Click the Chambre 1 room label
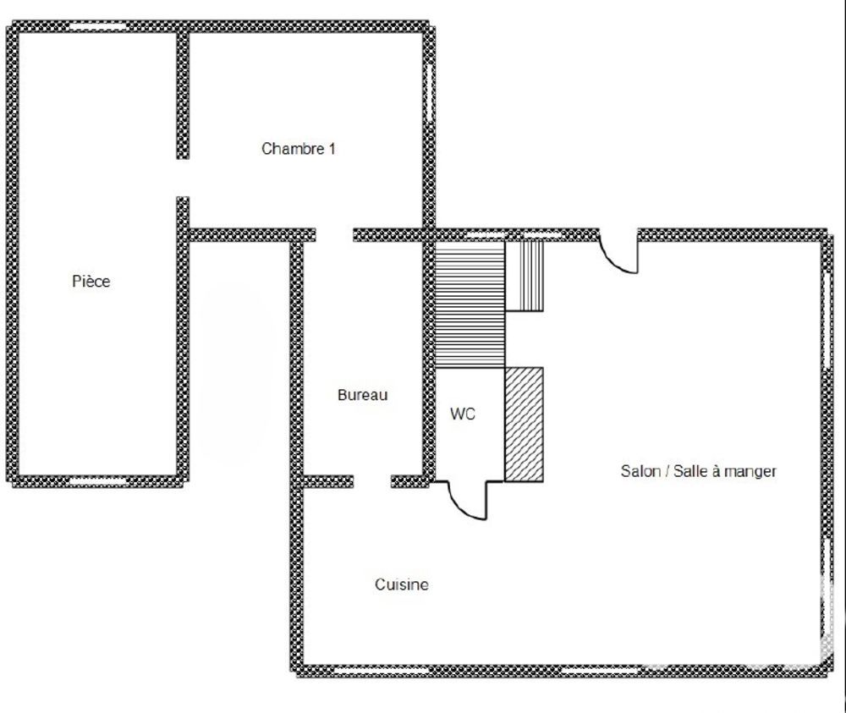pyautogui.click(x=299, y=149)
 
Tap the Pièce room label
pyautogui.click(x=91, y=282)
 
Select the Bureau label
pyautogui.click(x=362, y=394)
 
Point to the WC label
pyautogui.click(x=462, y=414)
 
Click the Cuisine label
pyautogui.click(x=401, y=584)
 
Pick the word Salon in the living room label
pyautogui.click(x=640, y=471)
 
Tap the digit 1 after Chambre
pyautogui.click(x=332, y=149)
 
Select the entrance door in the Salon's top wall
pyautogui.click(x=618, y=253)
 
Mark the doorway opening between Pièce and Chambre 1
pyautogui.click(x=183, y=178)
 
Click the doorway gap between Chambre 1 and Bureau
pyautogui.click(x=334, y=235)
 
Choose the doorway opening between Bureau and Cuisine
pyautogui.click(x=371, y=482)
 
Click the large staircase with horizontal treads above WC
pyautogui.click(x=470, y=304)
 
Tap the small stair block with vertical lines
pyautogui.click(x=525, y=276)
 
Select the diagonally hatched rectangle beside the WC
pyautogui.click(x=524, y=424)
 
